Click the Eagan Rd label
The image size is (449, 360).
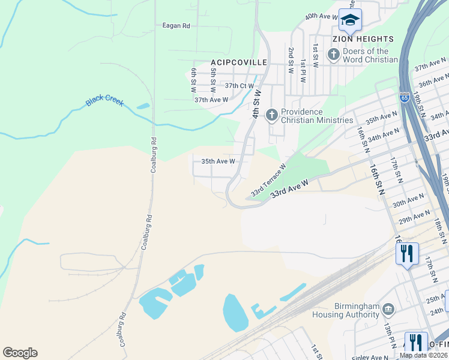(x=176, y=26)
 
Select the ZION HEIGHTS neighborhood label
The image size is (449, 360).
(x=363, y=39)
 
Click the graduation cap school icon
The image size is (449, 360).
(x=350, y=20)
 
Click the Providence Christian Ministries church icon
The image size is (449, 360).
(x=272, y=114)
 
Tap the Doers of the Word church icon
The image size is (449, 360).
(x=334, y=55)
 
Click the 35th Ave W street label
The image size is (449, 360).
(x=218, y=161)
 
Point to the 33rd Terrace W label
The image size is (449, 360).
(x=268, y=181)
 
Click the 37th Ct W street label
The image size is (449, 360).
(x=239, y=86)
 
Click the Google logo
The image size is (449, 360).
(x=20, y=353)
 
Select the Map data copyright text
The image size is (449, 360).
(x=423, y=355)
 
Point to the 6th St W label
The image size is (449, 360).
(x=194, y=80)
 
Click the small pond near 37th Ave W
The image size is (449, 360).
(x=143, y=106)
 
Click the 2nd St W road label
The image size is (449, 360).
(x=291, y=61)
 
